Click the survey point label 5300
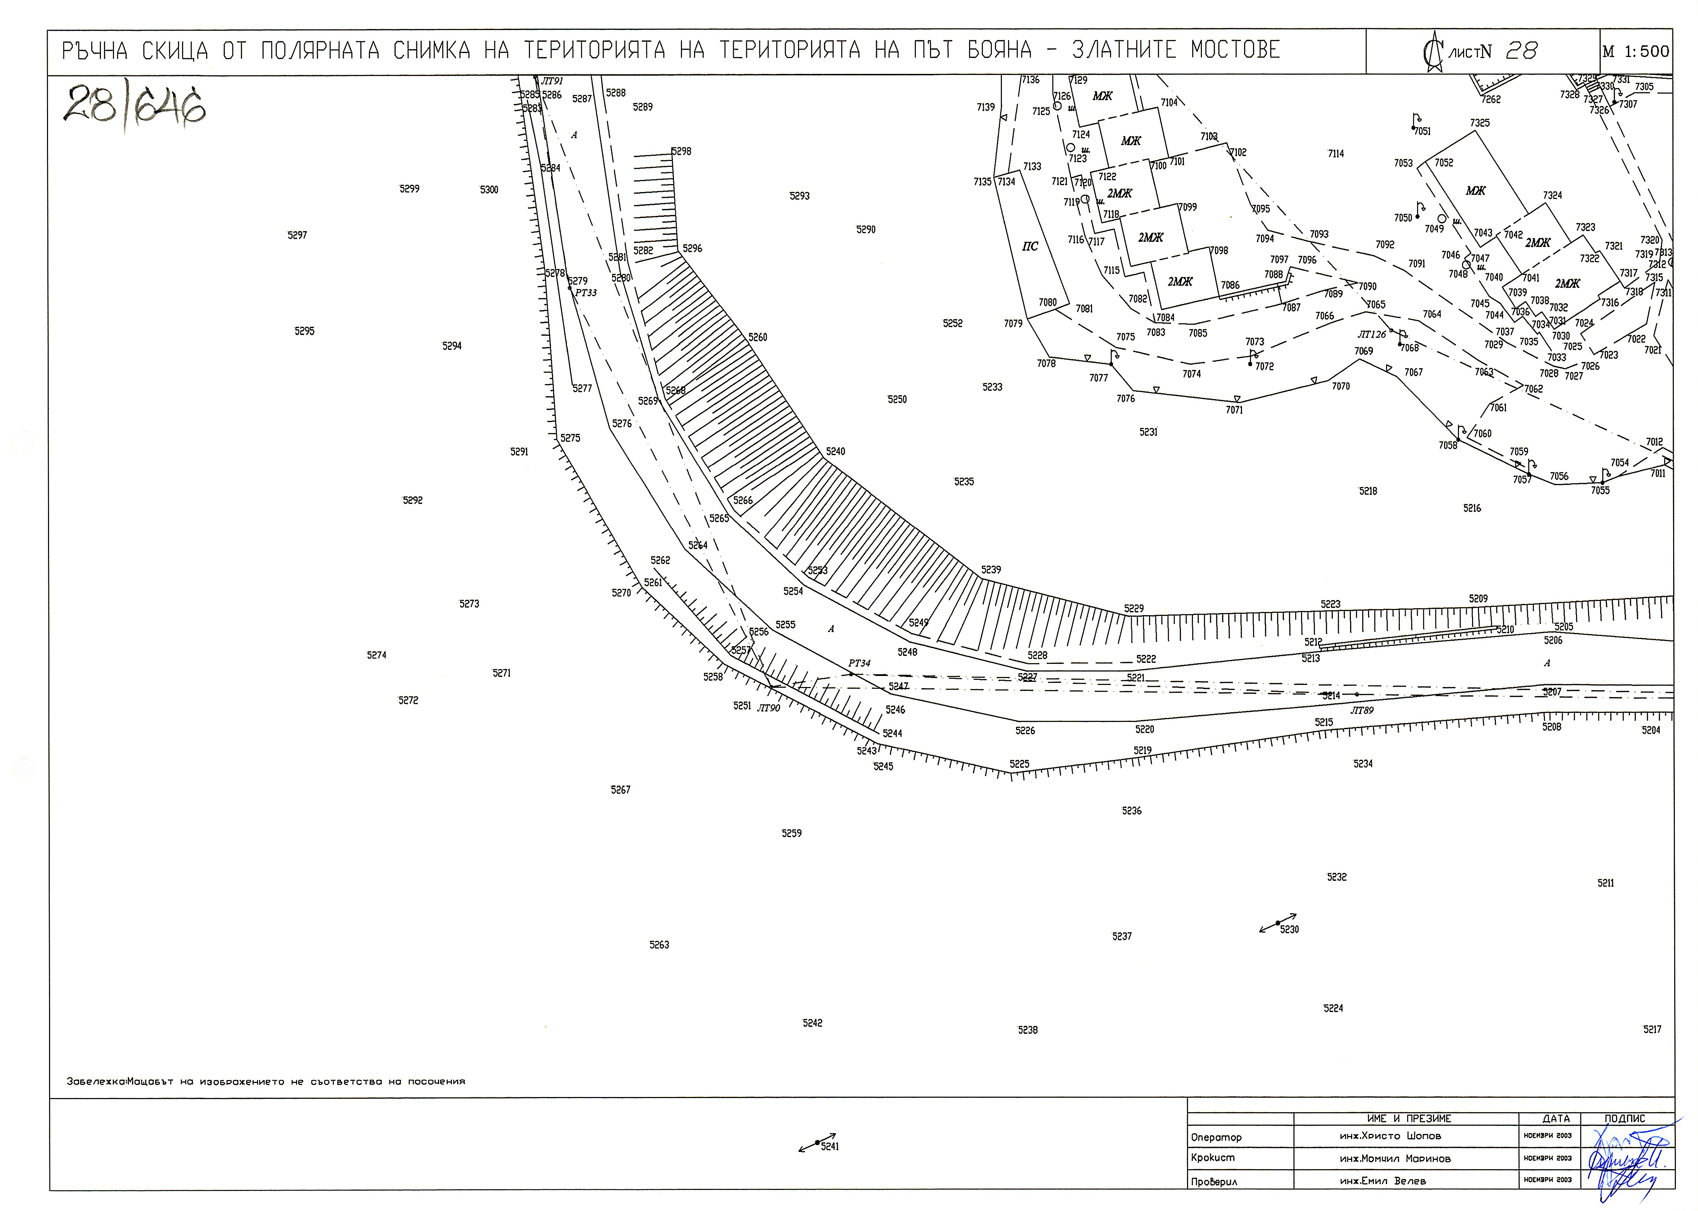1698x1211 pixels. pyautogui.click(x=489, y=190)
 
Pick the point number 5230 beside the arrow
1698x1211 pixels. pyautogui.click(x=1289, y=929)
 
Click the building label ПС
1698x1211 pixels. pyautogui.click(x=1030, y=246)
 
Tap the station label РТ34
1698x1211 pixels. pyautogui.click(x=859, y=663)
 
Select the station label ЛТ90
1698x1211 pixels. pyautogui.click(x=768, y=708)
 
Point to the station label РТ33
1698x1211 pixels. pyautogui.click(x=586, y=293)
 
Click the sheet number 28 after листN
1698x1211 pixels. pyautogui.click(x=1521, y=51)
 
